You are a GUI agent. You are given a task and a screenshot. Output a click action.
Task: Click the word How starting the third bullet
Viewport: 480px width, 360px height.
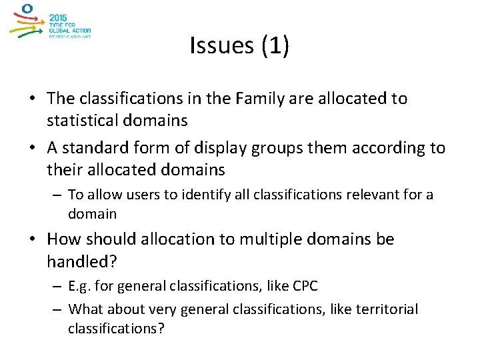tap(65, 239)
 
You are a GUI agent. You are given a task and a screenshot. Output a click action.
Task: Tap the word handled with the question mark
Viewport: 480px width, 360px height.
tap(81, 261)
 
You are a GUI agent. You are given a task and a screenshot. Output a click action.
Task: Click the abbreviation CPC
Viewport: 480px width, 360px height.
tap(305, 287)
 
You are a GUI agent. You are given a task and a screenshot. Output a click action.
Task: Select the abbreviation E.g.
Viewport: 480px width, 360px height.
tap(81, 287)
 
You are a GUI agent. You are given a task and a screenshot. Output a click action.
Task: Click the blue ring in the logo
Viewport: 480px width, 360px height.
tap(27, 9)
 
